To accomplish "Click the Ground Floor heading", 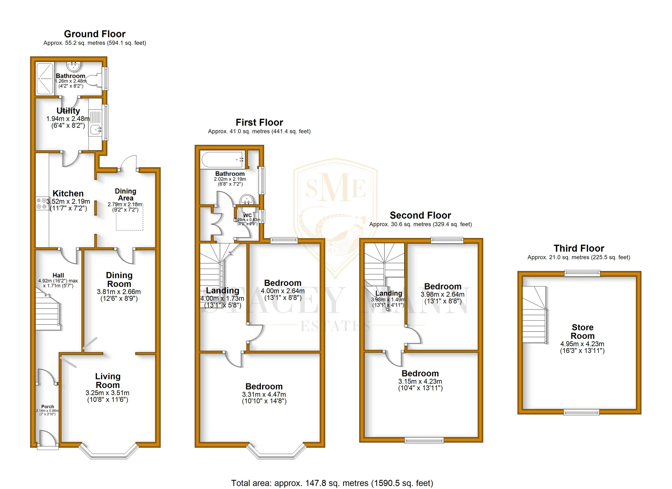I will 95,34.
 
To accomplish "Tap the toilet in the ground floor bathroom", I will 96,80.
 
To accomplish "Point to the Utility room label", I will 68,111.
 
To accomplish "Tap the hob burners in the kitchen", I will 41,203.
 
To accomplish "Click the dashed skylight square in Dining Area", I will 129,218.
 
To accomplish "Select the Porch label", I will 47,407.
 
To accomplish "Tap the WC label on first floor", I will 248,215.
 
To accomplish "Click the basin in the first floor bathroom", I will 246,200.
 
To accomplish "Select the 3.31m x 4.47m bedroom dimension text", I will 264,394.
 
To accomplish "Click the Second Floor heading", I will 420,215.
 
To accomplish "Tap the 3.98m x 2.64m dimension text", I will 443,295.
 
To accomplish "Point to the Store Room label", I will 582,332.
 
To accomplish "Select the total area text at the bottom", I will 332,483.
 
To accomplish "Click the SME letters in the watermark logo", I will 335,187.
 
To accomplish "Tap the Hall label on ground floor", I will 58,275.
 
